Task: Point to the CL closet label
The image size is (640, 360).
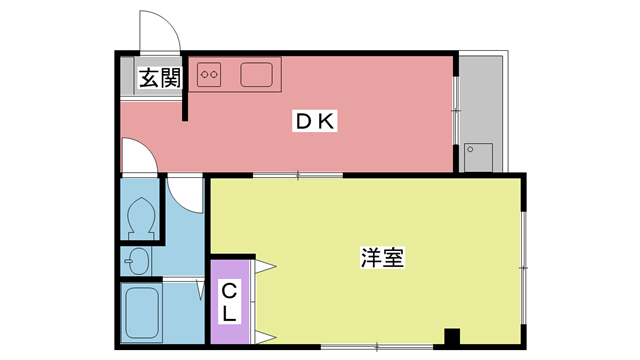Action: click(x=229, y=302)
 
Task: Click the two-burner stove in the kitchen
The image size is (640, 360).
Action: click(x=210, y=73)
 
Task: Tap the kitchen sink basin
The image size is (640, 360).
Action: click(x=256, y=74)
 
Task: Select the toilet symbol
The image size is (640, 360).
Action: click(x=141, y=213)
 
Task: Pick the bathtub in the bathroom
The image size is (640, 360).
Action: click(x=142, y=314)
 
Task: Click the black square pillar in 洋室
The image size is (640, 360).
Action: click(x=451, y=337)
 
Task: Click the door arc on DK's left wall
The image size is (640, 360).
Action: click(x=137, y=155)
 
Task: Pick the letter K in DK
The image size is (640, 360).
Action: click(x=328, y=121)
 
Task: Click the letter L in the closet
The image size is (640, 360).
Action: click(x=229, y=314)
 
